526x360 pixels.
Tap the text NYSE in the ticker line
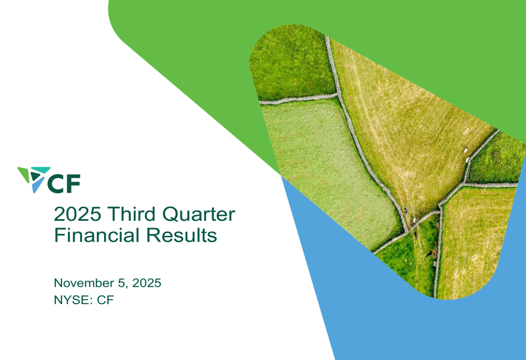coord(70,301)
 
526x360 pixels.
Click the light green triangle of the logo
coord(24,174)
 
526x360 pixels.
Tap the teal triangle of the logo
coord(42,170)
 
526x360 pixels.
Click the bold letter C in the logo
coord(57,183)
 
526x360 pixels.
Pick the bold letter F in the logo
coord(73,183)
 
